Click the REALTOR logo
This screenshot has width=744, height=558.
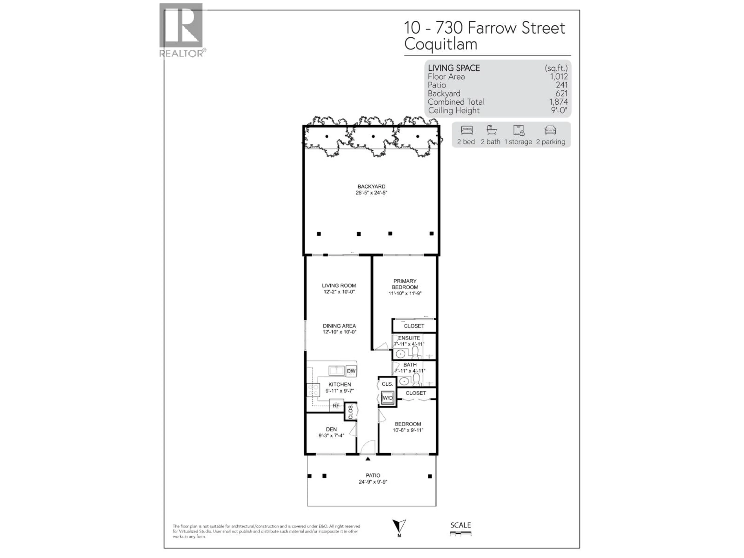[181, 30]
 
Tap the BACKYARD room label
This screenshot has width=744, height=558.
[371, 186]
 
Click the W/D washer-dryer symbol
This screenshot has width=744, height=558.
[387, 398]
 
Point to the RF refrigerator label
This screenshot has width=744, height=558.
[336, 406]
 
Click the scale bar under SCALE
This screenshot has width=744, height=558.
[461, 533]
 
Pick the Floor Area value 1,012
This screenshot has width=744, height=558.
[559, 77]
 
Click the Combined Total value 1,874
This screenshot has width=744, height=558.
[558, 102]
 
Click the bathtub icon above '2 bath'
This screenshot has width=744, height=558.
[491, 130]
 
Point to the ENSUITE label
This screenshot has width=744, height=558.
[409, 338]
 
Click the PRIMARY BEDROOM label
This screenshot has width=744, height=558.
[405, 284]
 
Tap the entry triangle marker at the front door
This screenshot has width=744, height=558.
[368, 459]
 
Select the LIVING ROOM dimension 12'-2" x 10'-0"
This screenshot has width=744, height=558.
[339, 292]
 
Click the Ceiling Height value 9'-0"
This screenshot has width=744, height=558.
[559, 110]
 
